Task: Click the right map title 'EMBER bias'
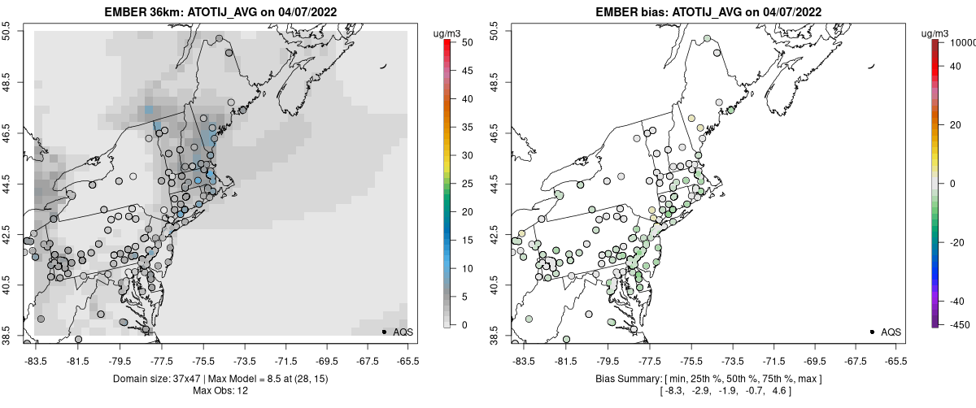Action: (x=617, y=12)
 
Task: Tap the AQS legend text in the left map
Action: (x=403, y=332)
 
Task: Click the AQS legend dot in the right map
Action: (x=872, y=332)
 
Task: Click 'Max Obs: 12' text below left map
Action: (x=220, y=391)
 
